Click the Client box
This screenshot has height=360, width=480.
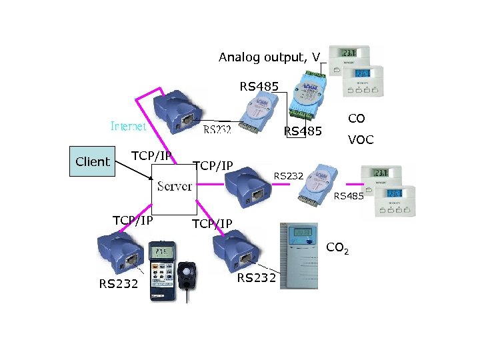point(93,161)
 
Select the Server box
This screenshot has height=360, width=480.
point(175,185)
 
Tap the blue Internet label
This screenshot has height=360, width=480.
point(129,125)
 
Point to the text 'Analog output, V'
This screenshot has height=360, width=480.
point(269,57)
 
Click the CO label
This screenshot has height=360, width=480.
point(357,119)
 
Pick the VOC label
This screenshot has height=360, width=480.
point(361,140)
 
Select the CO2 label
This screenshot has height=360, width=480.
point(337,249)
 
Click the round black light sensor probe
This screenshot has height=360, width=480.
point(189,273)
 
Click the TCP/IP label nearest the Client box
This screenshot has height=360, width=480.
point(151,156)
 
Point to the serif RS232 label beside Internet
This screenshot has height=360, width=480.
point(217,130)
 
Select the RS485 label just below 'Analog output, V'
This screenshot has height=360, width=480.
point(259,85)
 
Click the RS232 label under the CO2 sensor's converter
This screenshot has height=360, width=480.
point(257,278)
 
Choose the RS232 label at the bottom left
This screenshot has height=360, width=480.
point(118,284)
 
